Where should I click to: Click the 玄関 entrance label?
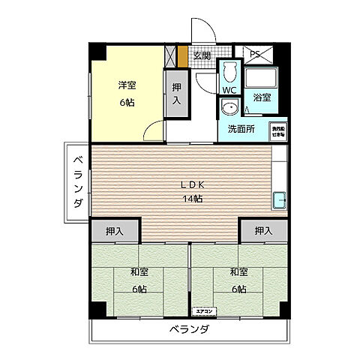point(202,55)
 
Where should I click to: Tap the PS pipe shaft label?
point(254,54)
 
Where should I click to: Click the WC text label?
point(229,91)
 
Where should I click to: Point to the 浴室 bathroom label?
point(262,97)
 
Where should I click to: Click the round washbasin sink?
point(228,109)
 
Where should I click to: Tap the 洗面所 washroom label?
point(241,129)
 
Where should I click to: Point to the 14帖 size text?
point(191,198)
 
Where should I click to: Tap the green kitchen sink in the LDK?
point(279,200)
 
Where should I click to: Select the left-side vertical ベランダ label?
point(77,181)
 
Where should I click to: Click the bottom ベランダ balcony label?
point(188,330)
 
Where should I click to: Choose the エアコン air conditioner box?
point(205,310)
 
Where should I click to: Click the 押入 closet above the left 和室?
point(114,232)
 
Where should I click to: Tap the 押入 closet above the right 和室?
point(262,232)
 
